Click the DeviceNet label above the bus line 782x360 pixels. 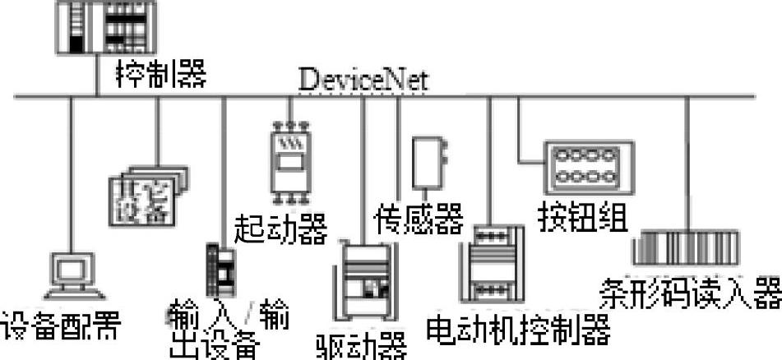tap(363, 80)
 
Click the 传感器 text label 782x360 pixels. tap(419, 219)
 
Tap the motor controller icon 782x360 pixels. tap(495, 264)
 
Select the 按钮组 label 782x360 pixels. tap(582, 216)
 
